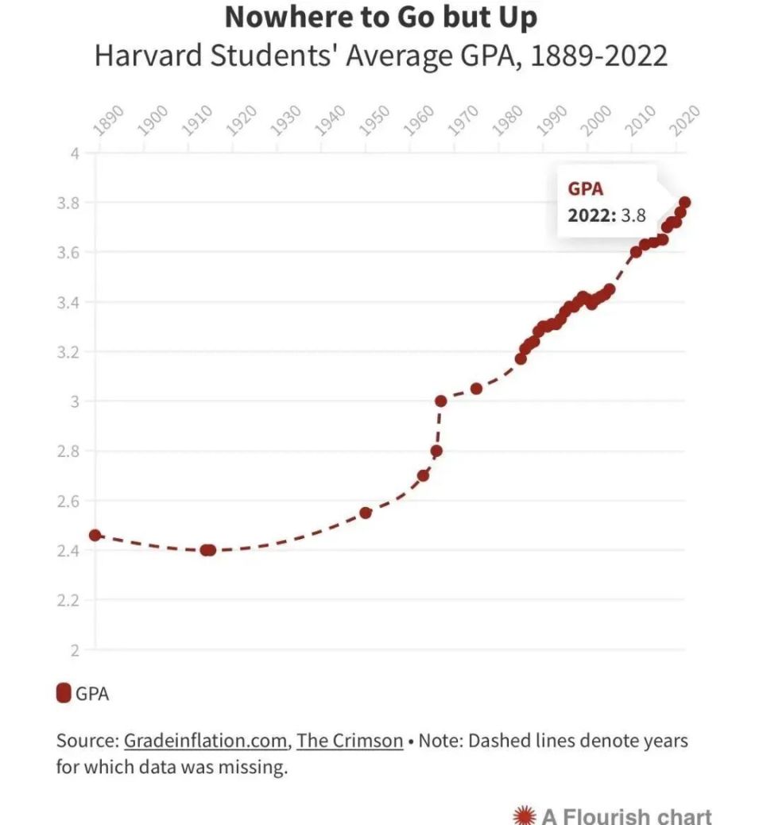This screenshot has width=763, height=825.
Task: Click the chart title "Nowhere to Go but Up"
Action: [381, 16]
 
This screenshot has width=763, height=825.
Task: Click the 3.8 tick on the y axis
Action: [70, 203]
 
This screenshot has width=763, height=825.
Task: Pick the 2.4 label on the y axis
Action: [70, 551]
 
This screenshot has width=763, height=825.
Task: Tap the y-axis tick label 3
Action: [75, 401]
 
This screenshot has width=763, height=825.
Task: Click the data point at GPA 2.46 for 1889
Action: [95, 535]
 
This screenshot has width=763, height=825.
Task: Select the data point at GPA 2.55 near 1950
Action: [366, 513]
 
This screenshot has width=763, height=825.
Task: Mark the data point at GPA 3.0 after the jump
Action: [441, 401]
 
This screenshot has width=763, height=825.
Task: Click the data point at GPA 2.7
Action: [424, 475]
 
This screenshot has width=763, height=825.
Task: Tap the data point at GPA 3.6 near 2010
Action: [636, 252]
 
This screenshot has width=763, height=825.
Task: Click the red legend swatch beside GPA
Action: [64, 693]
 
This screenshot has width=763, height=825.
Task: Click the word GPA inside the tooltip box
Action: [585, 189]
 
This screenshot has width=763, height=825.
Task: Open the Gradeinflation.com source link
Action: [206, 741]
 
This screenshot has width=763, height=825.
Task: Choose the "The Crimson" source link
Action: [350, 741]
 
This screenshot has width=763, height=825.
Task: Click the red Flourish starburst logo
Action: [524, 815]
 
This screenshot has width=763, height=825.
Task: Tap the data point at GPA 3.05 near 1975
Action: [476, 389]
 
